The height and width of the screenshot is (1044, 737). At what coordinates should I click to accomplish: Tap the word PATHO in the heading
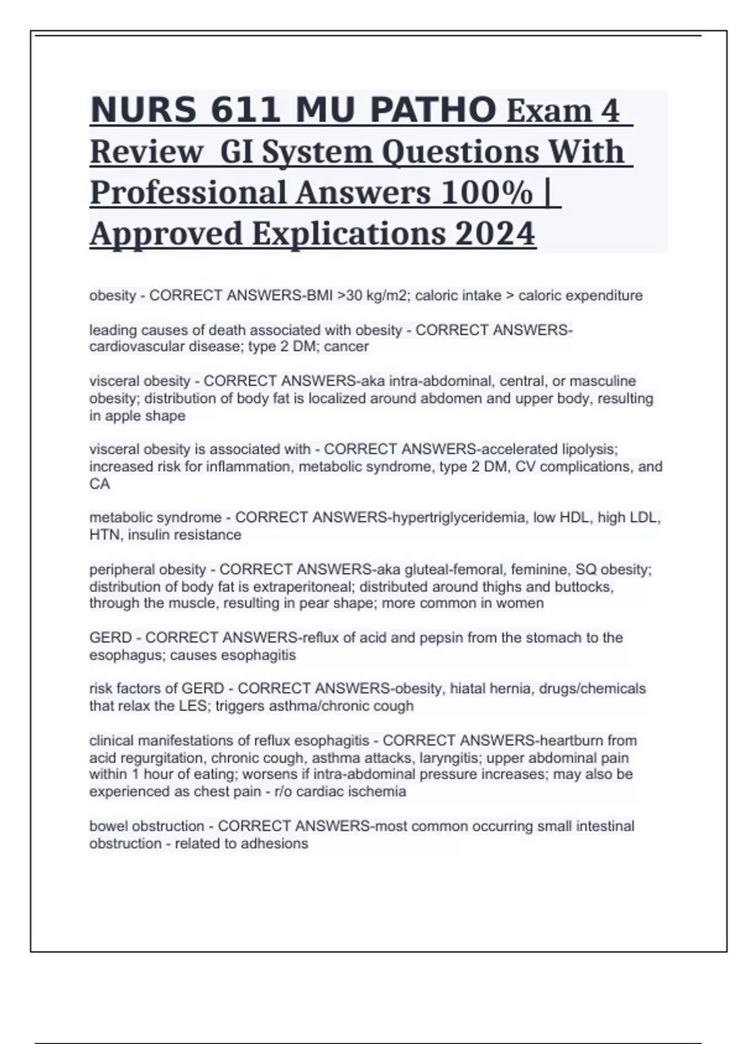[434, 111]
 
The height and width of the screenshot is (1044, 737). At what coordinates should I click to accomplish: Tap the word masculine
[602, 381]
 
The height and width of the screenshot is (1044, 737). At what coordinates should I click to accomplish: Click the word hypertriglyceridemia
[457, 518]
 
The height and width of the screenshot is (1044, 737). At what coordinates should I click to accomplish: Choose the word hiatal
[470, 689]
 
